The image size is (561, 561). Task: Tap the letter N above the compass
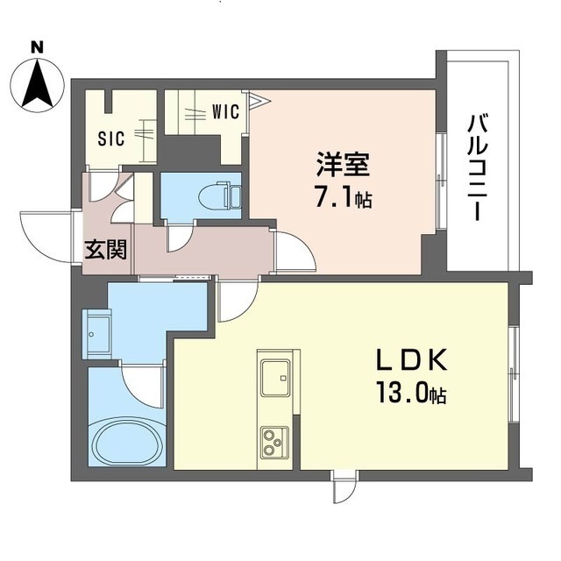click(37, 47)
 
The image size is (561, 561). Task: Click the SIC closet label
click(111, 138)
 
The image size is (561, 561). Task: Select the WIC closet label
click(225, 111)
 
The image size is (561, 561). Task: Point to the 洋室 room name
click(343, 164)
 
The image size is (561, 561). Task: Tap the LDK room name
click(411, 360)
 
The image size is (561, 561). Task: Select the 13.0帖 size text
click(411, 394)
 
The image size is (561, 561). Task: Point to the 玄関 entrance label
click(106, 249)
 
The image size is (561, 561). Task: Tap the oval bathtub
click(126, 441)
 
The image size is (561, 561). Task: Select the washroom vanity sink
click(97, 334)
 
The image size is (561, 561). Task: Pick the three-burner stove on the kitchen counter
click(274, 442)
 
